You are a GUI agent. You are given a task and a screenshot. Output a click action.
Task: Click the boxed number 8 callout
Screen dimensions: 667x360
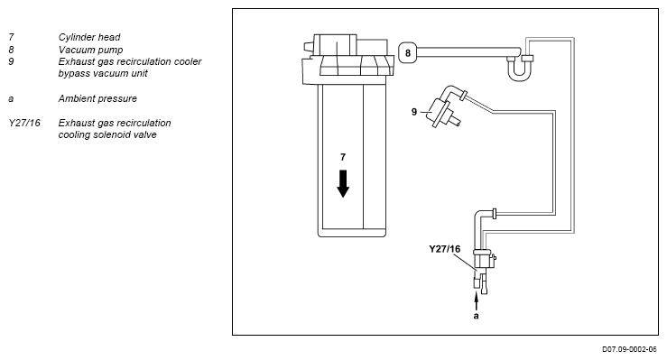[408, 52]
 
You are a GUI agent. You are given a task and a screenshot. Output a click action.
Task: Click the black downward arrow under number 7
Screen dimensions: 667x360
[343, 184]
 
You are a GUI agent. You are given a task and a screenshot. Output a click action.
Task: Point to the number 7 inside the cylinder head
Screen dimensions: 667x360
[343, 157]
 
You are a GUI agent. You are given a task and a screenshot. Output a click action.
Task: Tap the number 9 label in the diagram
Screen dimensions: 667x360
[414, 112]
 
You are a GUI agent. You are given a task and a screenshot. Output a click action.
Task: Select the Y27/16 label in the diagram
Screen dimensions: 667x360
[445, 249]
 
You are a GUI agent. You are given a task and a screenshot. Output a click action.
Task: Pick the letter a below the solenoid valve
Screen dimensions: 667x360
[476, 316]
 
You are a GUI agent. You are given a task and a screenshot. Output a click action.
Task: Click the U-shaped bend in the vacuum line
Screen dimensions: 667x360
[519, 70]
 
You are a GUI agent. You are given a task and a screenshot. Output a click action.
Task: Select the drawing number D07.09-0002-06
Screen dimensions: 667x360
[629, 349]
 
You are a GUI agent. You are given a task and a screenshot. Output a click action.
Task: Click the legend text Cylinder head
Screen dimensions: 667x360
[89, 37]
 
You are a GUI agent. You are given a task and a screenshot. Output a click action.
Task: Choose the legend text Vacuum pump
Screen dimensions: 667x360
[90, 50]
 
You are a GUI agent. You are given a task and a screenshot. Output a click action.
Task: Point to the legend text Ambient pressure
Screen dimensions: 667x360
[97, 98]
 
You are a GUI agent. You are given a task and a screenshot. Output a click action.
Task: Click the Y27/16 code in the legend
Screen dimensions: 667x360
[24, 123]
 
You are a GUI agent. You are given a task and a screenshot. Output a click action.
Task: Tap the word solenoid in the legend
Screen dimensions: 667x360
[108, 134]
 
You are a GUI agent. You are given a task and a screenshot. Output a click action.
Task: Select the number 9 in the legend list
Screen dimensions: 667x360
[11, 61]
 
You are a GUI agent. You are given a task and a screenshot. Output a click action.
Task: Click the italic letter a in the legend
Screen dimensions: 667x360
[11, 99]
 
